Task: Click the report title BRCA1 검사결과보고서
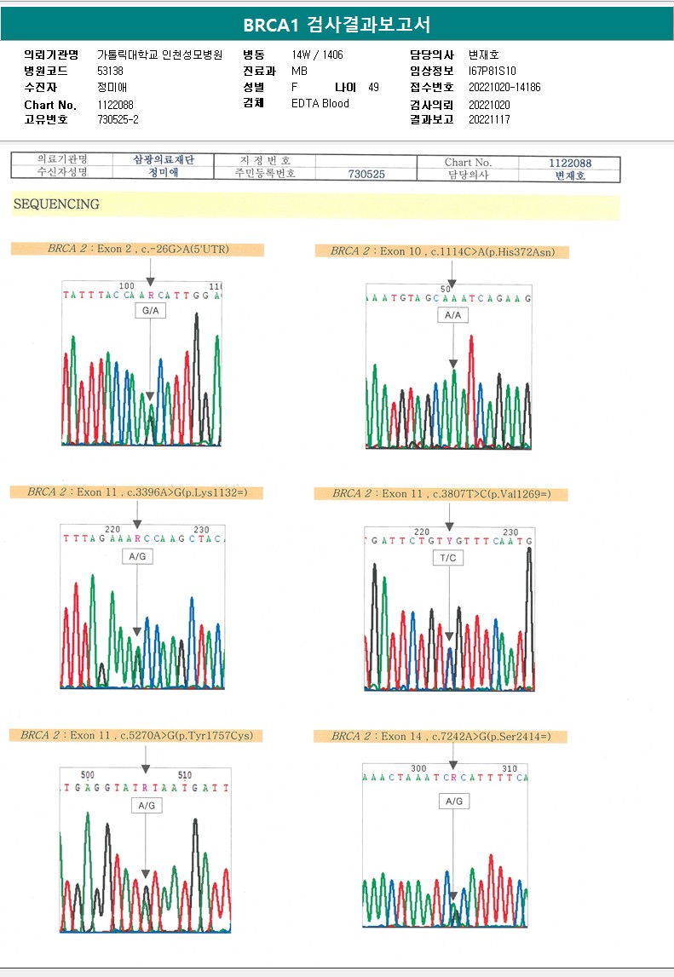pos(337,23)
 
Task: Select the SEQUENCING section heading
pos(56,204)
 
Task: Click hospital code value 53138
pos(111,72)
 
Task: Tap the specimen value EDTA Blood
pos(320,104)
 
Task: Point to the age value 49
pos(373,88)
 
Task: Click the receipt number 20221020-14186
pos(504,88)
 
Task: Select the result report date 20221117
pos(488,120)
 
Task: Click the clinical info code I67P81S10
pos(493,72)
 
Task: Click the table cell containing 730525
pos(366,174)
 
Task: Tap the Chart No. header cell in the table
pos(468,162)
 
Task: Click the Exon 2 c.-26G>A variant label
pos(138,250)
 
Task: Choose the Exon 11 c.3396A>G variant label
pos(136,492)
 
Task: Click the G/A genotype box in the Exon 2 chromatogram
pos(150,312)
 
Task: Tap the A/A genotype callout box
pos(452,315)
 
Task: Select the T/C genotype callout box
pos(448,558)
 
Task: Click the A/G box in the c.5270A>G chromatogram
pos(145,805)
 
